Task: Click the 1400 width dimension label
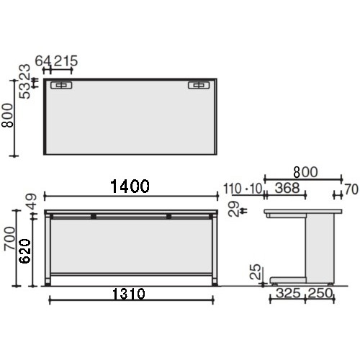pyautogui.click(x=130, y=186)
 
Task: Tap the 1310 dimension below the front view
pyautogui.click(x=129, y=294)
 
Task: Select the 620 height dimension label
pyautogui.click(x=25, y=251)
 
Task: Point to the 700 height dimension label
pyautogui.click(x=10, y=238)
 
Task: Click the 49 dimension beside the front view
pyautogui.click(x=32, y=202)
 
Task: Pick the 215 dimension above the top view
pyautogui.click(x=66, y=60)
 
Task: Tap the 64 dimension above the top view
pyautogui.click(x=43, y=60)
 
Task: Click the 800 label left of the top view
pyautogui.click(x=7, y=115)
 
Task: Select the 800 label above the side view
pyautogui.click(x=305, y=172)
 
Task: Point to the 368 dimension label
pyautogui.click(x=287, y=188)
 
